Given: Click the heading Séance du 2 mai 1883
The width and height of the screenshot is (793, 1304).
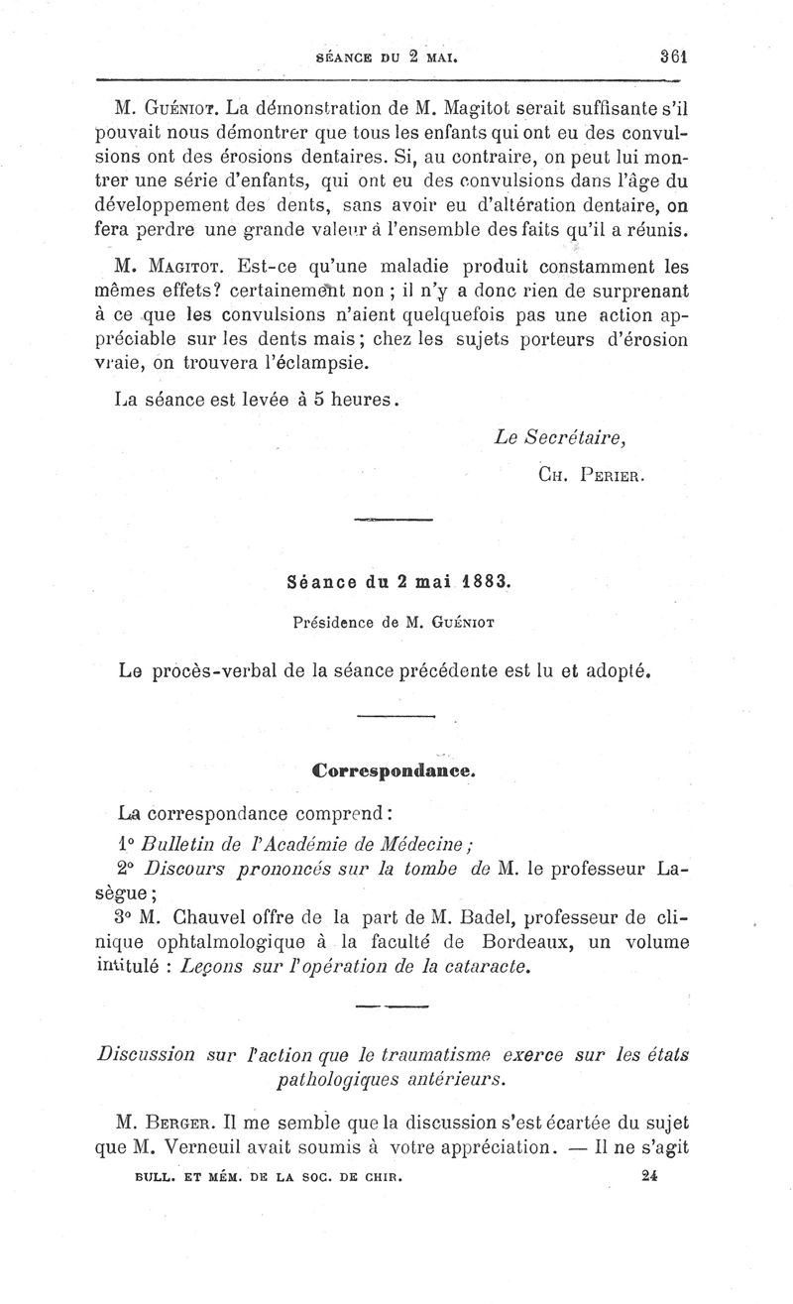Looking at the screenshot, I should pyautogui.click(x=396, y=582).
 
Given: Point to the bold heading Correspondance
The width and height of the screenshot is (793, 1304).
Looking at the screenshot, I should pyautogui.click(x=396, y=770).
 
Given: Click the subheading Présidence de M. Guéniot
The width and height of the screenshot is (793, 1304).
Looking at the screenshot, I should pyautogui.click(x=396, y=623).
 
